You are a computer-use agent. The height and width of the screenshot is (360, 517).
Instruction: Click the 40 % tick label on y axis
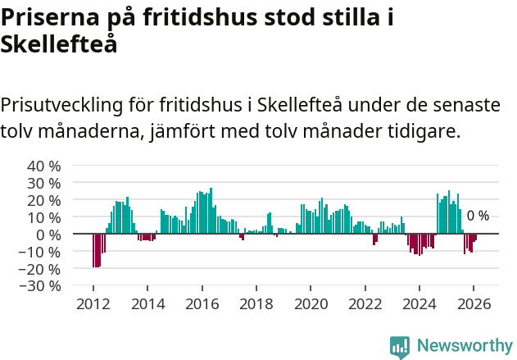tap(44, 166)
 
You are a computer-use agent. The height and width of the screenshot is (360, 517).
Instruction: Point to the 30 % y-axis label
tap(44, 183)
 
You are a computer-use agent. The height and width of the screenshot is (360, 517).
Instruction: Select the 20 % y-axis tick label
tap(44, 200)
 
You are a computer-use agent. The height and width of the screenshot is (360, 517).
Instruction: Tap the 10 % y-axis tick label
tap(44, 217)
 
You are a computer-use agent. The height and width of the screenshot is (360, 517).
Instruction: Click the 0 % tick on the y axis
tap(48, 235)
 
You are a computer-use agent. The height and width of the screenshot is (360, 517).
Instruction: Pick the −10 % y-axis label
tap(41, 252)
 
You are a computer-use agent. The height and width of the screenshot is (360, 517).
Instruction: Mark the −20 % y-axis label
tap(41, 269)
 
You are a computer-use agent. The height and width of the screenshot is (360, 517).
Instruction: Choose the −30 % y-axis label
tap(41, 286)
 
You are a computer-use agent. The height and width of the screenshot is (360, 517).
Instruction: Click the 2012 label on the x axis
tap(93, 303)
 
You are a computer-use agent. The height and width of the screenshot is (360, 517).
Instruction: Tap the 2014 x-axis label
tap(147, 303)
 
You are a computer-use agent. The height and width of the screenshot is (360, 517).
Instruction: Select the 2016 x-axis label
tap(202, 303)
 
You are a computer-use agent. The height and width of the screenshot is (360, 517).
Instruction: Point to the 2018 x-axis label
tap(256, 303)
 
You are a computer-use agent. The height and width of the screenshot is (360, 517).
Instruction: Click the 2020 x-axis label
tap(311, 303)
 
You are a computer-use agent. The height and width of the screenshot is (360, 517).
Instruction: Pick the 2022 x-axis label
tap(365, 303)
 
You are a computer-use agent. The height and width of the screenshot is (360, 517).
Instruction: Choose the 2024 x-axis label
tap(419, 303)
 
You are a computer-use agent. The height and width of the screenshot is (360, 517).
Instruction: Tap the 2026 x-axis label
tap(474, 303)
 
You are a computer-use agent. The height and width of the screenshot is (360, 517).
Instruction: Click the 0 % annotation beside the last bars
tap(478, 216)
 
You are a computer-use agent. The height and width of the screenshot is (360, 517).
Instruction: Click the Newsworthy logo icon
tap(400, 346)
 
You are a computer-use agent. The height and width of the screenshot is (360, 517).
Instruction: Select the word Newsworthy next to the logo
tap(464, 346)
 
